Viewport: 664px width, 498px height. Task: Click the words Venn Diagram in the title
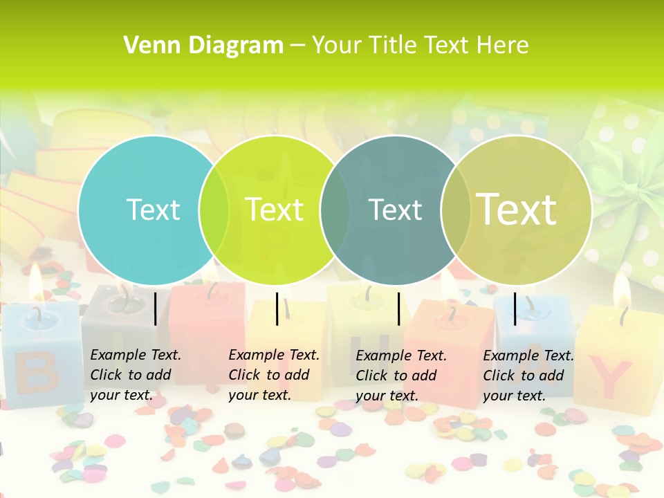[203, 46]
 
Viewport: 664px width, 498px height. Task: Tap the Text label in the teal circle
[153, 210]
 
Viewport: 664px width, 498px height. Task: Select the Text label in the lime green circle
[274, 210]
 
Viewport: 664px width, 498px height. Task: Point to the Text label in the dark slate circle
[395, 210]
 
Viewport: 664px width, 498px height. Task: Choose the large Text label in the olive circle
[516, 209]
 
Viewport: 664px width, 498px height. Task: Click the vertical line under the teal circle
[156, 308]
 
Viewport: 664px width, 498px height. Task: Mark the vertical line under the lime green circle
[277, 308]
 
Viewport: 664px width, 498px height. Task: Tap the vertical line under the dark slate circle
[399, 308]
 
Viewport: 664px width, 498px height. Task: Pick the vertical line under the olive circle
[515, 308]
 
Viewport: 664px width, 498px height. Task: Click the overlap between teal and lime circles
[214, 210]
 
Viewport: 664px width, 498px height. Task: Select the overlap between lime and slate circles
[335, 210]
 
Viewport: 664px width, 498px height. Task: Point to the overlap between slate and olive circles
[456, 210]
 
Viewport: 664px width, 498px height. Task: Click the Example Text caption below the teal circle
[135, 375]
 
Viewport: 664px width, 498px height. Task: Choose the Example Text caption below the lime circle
[273, 375]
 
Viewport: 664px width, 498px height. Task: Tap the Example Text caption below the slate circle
[400, 376]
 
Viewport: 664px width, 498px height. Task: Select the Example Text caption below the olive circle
[528, 376]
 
